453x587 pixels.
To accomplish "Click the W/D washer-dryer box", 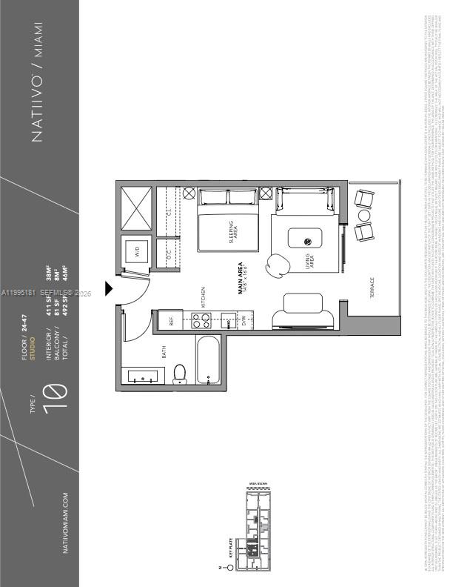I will tap(137, 253).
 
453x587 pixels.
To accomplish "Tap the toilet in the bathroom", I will tap(179, 374).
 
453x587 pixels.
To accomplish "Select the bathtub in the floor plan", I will tap(209, 362).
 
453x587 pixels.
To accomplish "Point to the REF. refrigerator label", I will tap(171, 320).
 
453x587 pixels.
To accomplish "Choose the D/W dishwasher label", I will tap(244, 320).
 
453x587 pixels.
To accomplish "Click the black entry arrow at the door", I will tap(110, 287).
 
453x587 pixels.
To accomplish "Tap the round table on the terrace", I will tap(363, 215).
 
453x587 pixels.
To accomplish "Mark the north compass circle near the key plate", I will tap(229, 568).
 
